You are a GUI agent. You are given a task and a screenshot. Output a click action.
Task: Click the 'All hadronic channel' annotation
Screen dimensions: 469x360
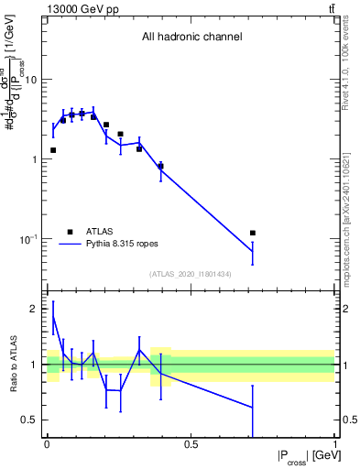(x=191, y=38)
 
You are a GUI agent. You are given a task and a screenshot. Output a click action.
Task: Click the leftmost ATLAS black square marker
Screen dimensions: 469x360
(x=53, y=149)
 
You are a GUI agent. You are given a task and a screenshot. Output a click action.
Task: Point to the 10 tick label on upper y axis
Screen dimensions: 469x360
(x=30, y=80)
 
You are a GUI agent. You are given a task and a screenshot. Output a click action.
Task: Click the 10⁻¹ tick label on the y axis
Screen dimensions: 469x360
(x=27, y=239)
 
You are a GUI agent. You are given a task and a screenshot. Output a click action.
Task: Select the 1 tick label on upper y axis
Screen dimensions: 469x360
(x=34, y=159)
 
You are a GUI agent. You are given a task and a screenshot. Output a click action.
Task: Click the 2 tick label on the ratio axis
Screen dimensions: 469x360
(x=35, y=310)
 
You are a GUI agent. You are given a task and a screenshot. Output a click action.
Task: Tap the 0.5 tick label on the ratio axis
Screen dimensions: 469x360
(x=29, y=420)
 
